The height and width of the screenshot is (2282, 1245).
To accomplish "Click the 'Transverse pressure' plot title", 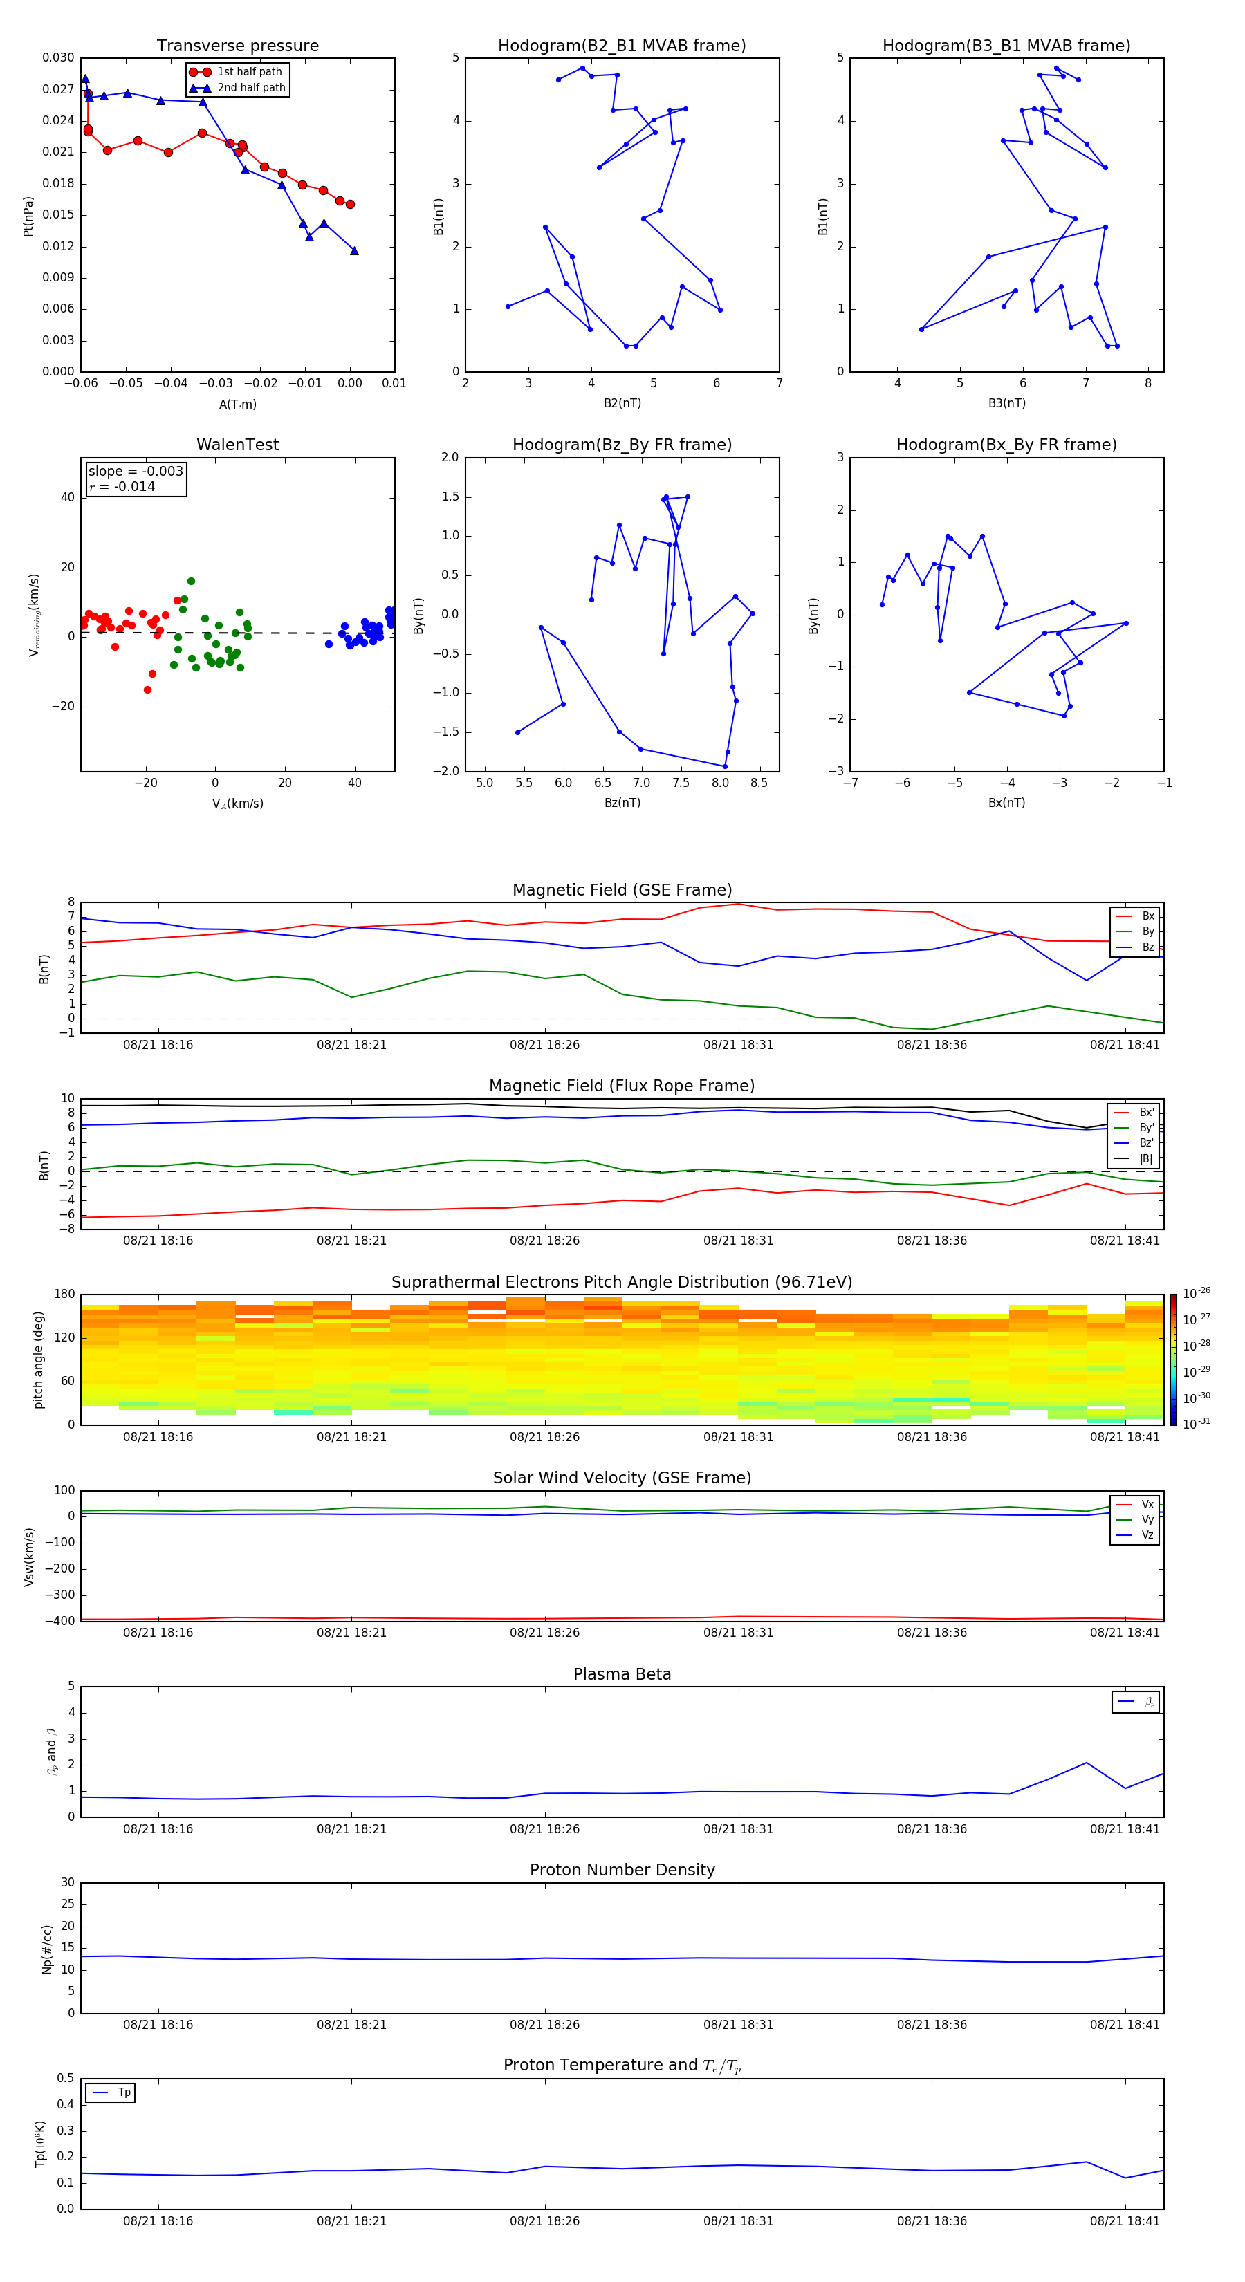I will point(237,46).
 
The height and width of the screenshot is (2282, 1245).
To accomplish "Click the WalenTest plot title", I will point(237,445).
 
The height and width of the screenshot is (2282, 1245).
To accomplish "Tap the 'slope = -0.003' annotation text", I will point(136,472).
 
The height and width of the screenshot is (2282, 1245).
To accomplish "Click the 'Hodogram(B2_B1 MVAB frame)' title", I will point(621,46).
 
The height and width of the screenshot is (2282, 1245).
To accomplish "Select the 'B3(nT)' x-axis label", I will point(1006,403).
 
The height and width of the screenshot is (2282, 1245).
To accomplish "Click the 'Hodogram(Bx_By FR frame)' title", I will point(1006,445).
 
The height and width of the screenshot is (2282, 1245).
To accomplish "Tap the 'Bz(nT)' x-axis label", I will point(622,803).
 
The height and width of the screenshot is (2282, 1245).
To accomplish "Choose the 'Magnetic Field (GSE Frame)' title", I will point(622,890).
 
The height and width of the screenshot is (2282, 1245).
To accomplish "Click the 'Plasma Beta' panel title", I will point(622,1674).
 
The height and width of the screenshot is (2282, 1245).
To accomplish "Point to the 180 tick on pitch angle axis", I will point(65,1295).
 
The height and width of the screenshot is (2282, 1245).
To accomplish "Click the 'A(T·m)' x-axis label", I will point(237,404).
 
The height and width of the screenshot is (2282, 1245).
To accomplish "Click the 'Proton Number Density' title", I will point(622,1870).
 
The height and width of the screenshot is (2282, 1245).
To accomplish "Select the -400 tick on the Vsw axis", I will point(62,1621).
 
